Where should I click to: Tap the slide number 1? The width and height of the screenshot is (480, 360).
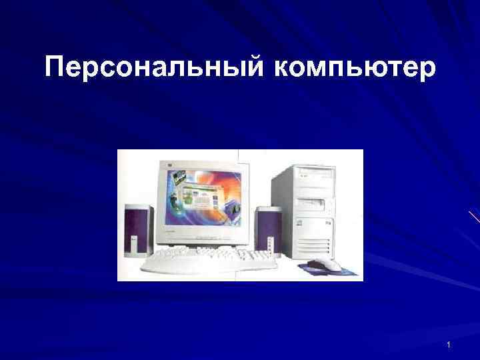click(x=449, y=345)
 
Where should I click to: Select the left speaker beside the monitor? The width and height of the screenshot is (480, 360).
click(x=137, y=231)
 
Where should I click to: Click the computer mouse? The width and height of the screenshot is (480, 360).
click(x=327, y=263)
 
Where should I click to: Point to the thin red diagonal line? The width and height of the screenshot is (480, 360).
click(x=473, y=216)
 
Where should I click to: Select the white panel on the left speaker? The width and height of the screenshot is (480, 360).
click(x=132, y=247)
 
